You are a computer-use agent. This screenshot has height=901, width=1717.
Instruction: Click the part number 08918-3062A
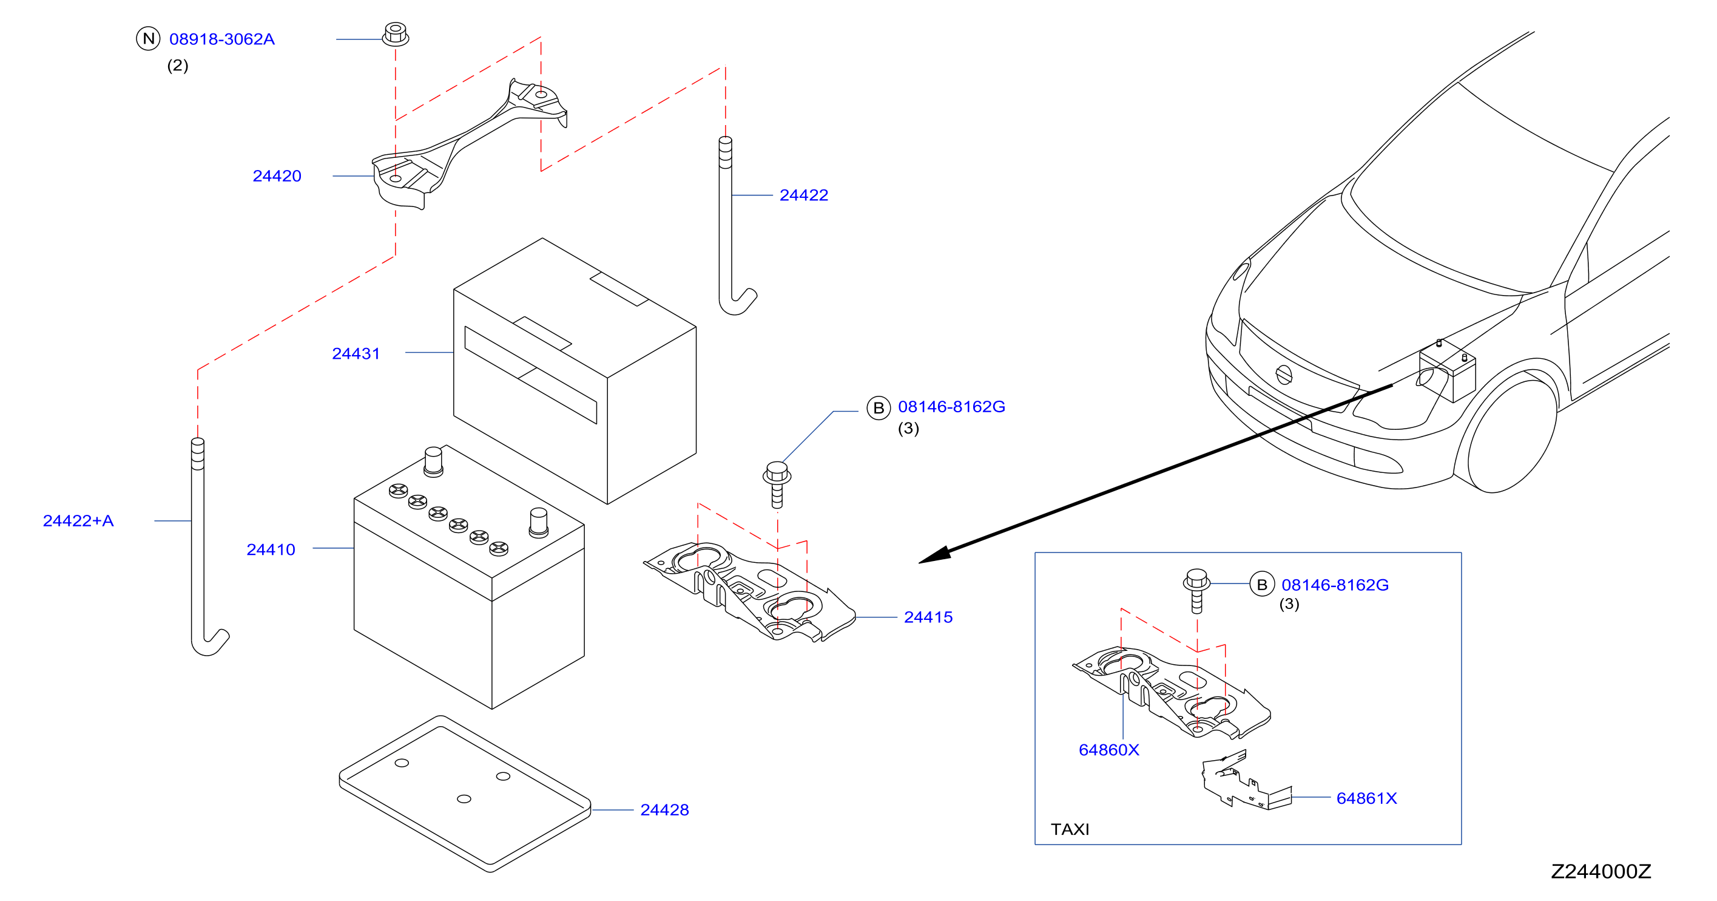click(x=222, y=39)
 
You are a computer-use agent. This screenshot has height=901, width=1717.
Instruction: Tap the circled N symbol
click(x=148, y=39)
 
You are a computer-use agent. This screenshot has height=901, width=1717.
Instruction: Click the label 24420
click(x=277, y=176)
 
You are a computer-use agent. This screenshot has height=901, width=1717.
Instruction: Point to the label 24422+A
click(x=78, y=521)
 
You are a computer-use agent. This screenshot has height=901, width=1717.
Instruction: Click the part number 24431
click(x=356, y=353)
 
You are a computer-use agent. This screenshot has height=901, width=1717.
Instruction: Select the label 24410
click(x=271, y=549)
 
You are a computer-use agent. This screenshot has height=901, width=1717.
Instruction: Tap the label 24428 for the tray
click(x=664, y=810)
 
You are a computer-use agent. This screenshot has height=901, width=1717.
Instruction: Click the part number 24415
click(x=928, y=617)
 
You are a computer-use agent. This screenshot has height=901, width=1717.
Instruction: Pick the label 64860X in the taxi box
click(x=1108, y=750)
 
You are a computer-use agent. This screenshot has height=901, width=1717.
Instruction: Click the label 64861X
click(x=1366, y=798)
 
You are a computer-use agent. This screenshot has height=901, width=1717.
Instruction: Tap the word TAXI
click(x=1070, y=829)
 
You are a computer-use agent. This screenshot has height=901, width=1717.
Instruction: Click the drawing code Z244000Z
click(x=1601, y=871)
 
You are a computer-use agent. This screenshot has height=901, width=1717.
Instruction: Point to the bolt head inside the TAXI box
click(x=1196, y=580)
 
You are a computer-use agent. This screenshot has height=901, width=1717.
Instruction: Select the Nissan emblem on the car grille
click(x=1283, y=375)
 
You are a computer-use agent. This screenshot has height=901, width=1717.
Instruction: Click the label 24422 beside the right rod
click(x=804, y=195)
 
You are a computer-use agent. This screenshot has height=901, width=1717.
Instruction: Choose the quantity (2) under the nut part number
click(x=177, y=66)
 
